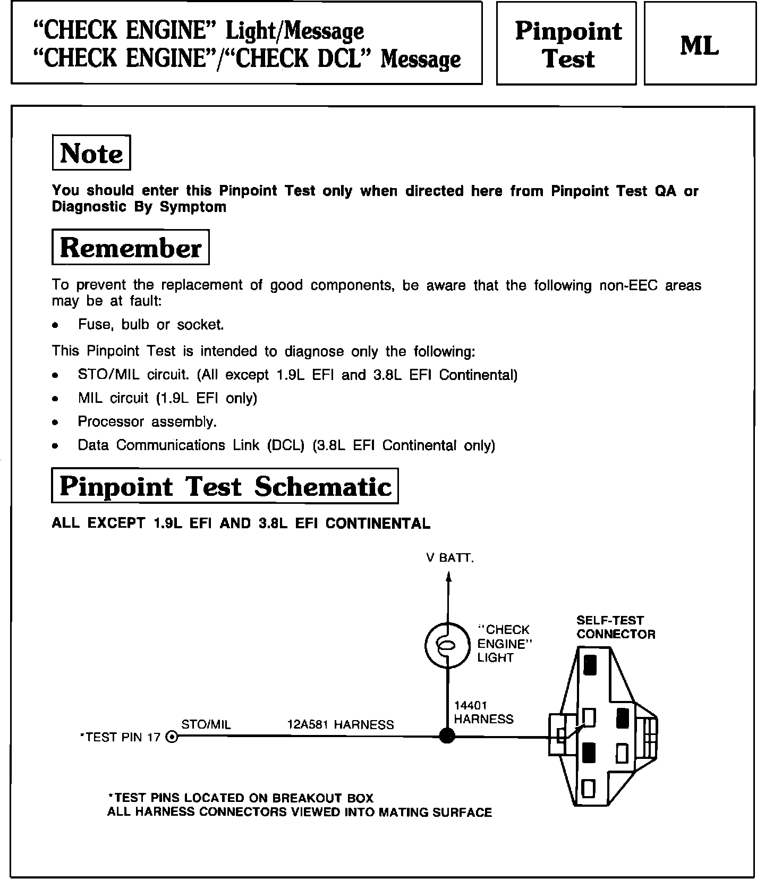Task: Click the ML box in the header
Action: click(x=700, y=44)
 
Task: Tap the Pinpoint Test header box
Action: click(x=566, y=44)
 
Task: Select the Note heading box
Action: click(x=91, y=153)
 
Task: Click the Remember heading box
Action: click(x=131, y=247)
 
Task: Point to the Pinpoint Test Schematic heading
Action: click(x=225, y=486)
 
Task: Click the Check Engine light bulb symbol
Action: click(x=447, y=645)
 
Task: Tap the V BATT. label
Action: click(x=449, y=558)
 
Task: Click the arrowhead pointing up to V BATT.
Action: click(x=448, y=577)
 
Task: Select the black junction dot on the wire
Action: click(x=447, y=736)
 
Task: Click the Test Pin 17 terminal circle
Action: click(x=172, y=737)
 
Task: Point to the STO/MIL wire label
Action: click(x=206, y=724)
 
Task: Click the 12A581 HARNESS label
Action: click(x=341, y=724)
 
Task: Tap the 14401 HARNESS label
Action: click(x=483, y=712)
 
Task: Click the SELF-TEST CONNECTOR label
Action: click(x=616, y=627)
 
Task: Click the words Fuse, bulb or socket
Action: click(x=151, y=324)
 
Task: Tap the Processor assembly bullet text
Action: click(x=147, y=421)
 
